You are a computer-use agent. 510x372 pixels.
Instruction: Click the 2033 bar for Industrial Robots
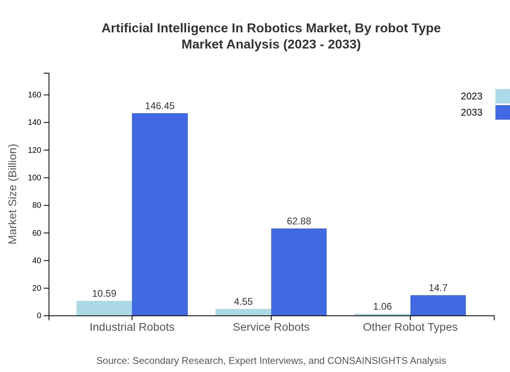tap(160, 214)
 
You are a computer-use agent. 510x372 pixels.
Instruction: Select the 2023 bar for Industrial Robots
tap(104, 308)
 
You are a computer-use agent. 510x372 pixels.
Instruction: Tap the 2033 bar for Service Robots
tap(299, 272)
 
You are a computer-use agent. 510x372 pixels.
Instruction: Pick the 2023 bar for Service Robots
tap(243, 312)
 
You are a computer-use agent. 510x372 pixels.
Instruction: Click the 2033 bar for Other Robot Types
tap(438, 305)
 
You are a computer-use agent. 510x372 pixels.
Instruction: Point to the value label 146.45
tap(160, 106)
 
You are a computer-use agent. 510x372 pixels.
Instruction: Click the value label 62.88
tap(299, 221)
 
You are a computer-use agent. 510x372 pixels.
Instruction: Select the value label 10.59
tap(104, 294)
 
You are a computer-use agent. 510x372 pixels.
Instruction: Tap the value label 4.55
tap(243, 302)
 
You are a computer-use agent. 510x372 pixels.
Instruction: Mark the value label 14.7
tap(438, 288)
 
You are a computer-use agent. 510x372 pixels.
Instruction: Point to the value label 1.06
tap(382, 306)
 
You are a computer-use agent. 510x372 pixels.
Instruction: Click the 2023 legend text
tap(472, 96)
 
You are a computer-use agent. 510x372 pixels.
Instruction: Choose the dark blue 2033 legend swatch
tap(502, 112)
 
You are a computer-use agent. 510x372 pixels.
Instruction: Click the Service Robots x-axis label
tap(271, 327)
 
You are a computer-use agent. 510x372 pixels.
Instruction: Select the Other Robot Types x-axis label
tap(410, 327)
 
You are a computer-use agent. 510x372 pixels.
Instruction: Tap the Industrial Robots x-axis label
tap(132, 327)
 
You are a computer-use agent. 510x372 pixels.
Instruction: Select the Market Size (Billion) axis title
tap(13, 194)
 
